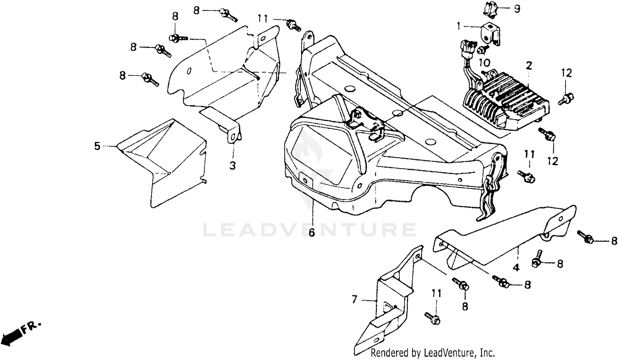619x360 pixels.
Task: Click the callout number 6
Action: (x=312, y=233)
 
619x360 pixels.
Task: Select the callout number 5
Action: (x=97, y=146)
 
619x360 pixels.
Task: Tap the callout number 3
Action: (x=233, y=165)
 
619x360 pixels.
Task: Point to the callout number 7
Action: (x=354, y=300)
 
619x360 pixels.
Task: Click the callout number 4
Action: (x=516, y=267)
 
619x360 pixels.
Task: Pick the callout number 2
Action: (x=529, y=65)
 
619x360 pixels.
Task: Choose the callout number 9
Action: (x=517, y=9)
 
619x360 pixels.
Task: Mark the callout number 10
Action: (x=484, y=63)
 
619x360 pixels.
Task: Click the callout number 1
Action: (x=458, y=26)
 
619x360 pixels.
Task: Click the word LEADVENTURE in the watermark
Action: (x=309, y=230)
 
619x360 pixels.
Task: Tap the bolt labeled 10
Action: (x=481, y=50)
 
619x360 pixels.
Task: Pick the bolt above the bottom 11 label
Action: (x=432, y=318)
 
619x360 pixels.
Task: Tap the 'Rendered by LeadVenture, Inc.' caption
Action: (x=432, y=353)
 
